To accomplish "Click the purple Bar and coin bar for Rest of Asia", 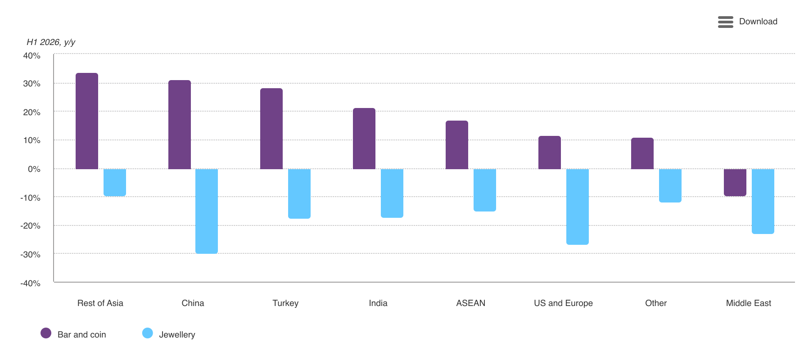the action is [x=87, y=121].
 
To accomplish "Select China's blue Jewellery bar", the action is [x=207, y=211].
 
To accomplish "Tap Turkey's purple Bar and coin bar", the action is [x=271, y=129].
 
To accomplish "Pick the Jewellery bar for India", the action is [x=392, y=193].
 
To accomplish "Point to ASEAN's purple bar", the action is [x=457, y=145].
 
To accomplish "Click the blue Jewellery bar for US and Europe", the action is [x=578, y=207].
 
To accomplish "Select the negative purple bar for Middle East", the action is [x=735, y=183].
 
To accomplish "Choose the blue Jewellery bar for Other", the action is [x=670, y=186].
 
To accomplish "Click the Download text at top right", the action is [x=758, y=22].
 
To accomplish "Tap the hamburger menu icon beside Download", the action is [x=726, y=22].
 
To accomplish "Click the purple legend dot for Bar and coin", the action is [x=46, y=333].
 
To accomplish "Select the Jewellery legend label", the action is [x=177, y=335].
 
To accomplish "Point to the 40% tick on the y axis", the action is [x=32, y=56].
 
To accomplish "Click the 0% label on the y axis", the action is [x=34, y=169].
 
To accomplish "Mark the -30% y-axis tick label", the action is [x=30, y=254].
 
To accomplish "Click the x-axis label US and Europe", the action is [x=563, y=303].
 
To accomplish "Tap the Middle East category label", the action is [x=749, y=303].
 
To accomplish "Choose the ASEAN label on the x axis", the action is [x=471, y=303].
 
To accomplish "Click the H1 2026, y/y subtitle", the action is [x=51, y=42].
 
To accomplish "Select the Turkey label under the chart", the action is [x=285, y=303].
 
